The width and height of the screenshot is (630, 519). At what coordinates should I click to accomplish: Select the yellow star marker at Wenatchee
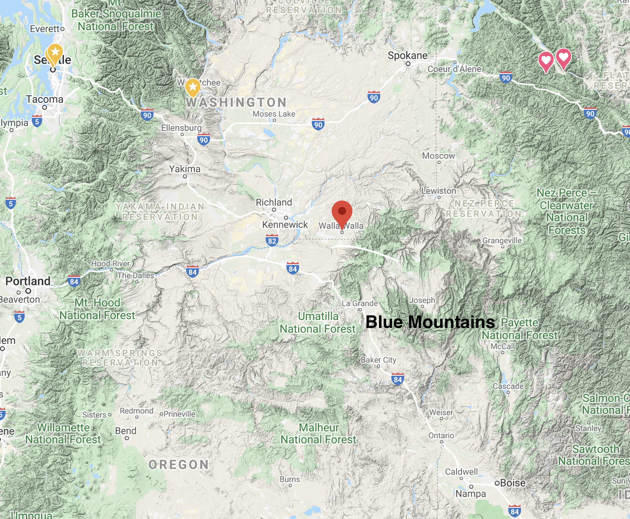[x=193, y=87]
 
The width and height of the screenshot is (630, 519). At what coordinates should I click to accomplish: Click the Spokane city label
[x=408, y=56]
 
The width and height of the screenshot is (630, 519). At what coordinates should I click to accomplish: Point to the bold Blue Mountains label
[x=430, y=322]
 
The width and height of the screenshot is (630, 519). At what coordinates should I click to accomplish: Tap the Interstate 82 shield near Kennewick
[x=272, y=240]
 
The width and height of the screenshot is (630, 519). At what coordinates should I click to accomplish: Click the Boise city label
[x=513, y=483]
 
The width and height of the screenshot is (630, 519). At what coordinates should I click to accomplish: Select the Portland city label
[x=28, y=281]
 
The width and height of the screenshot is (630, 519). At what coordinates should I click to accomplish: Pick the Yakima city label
[x=185, y=169]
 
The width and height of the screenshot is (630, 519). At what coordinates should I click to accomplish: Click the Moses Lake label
[x=274, y=114]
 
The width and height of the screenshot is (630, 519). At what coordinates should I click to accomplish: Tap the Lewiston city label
[x=439, y=191]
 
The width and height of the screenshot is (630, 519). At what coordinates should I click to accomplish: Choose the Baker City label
[x=379, y=360]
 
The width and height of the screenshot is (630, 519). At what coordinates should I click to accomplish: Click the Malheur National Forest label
[x=319, y=433]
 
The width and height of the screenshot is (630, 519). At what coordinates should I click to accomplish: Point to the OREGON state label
[x=179, y=464]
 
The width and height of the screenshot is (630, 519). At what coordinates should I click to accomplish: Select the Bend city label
[x=126, y=431]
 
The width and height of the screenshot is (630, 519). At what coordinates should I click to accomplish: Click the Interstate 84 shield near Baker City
[x=398, y=379]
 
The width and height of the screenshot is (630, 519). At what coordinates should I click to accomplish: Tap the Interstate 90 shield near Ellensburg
[x=204, y=140]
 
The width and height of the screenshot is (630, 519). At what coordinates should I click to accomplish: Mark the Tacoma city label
[x=45, y=99]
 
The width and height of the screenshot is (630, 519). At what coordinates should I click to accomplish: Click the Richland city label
[x=274, y=203]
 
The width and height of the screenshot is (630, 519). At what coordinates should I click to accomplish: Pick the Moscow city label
[x=439, y=156]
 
